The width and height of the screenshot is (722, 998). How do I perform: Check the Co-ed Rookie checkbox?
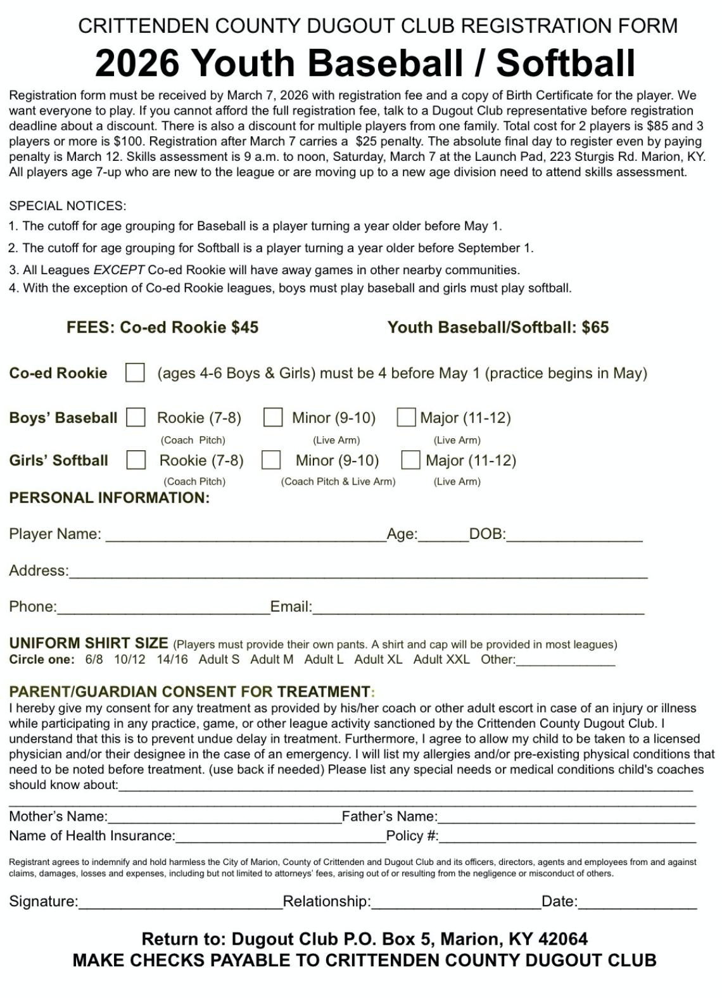[x=135, y=372]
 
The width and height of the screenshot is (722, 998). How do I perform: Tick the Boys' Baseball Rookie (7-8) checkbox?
[x=136, y=417]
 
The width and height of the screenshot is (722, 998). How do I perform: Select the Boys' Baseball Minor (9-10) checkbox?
[x=273, y=417]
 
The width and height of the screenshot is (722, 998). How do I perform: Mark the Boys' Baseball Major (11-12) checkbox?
[x=406, y=417]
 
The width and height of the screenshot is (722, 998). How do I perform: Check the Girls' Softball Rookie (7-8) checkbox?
[x=136, y=460]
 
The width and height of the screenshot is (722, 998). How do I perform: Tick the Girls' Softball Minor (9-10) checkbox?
[x=271, y=460]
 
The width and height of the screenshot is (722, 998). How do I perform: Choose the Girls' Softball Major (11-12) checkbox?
[x=410, y=460]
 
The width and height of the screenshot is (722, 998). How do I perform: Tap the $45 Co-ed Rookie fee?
[x=244, y=327]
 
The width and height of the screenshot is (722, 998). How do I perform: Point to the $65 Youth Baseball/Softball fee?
[x=595, y=327]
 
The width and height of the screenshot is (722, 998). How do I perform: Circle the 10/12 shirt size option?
[x=129, y=659]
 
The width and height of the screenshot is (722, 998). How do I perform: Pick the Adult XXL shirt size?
[x=441, y=659]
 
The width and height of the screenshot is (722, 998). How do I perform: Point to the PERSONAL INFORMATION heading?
[x=109, y=498]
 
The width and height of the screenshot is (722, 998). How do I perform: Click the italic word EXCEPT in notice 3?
[x=119, y=270]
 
